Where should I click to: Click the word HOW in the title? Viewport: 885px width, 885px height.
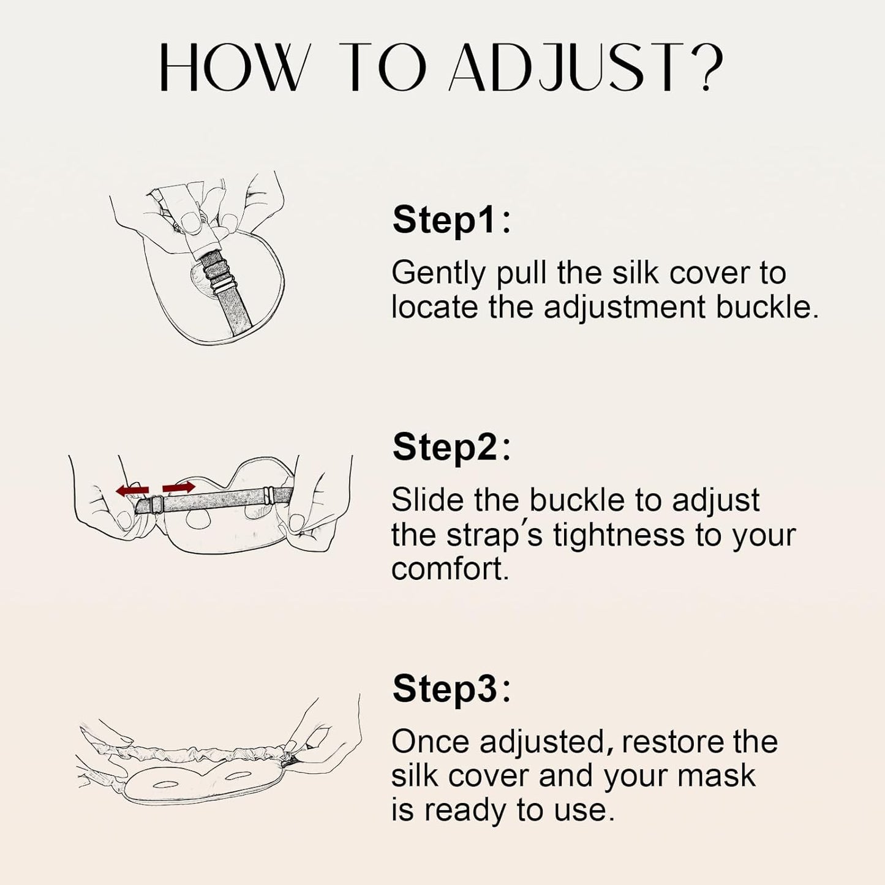(231, 69)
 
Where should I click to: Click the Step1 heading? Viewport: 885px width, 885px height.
(451, 220)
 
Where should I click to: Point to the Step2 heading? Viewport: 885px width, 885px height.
(451, 447)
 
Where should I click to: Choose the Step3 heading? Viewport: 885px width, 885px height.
(451, 688)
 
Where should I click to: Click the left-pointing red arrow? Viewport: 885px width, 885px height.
(132, 489)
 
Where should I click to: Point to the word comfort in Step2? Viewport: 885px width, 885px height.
(450, 570)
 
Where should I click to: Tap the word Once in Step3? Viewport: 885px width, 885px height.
(430, 742)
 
